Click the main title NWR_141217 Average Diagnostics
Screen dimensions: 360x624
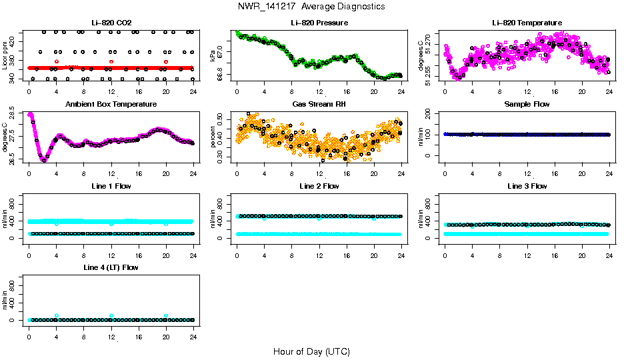click(x=311, y=6)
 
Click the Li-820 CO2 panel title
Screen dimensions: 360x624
click(x=111, y=23)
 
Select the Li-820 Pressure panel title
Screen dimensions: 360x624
click(x=319, y=23)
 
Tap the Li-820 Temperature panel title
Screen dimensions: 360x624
click(x=527, y=23)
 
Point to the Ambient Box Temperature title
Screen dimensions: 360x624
click(x=111, y=104)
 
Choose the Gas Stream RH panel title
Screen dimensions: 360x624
click(x=319, y=104)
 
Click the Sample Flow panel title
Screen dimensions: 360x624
click(x=527, y=104)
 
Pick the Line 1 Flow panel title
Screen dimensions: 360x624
click(x=111, y=186)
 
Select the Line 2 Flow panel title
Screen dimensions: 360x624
click(x=319, y=186)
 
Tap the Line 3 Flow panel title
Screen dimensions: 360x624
click(x=527, y=186)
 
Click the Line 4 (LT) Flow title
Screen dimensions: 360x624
click(x=111, y=267)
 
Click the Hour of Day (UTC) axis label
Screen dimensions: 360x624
click(x=311, y=351)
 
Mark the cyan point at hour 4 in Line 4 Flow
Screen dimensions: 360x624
click(x=57, y=315)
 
